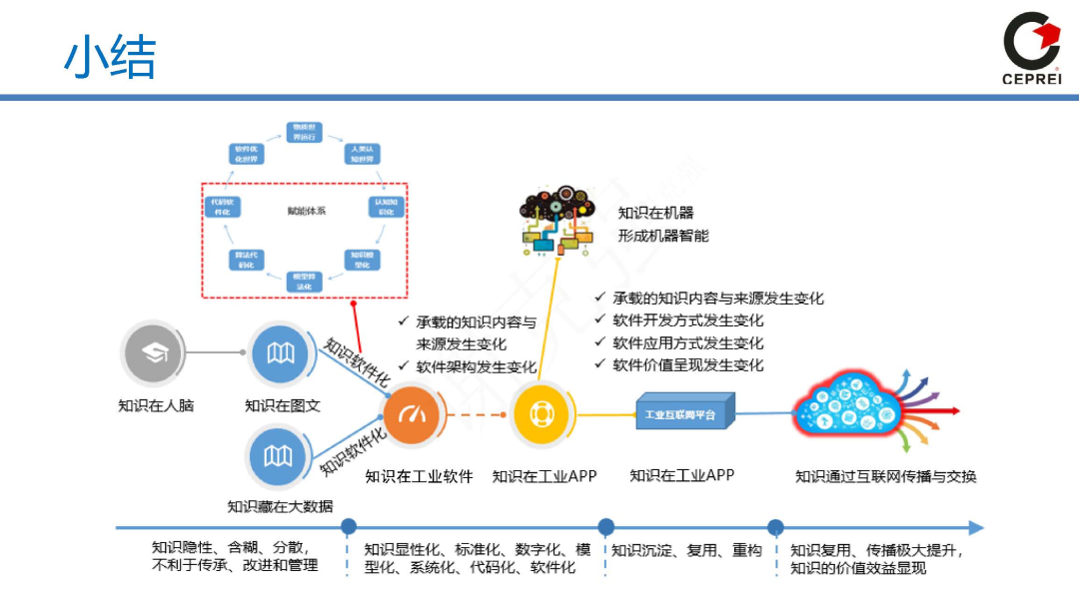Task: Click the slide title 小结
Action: click(110, 58)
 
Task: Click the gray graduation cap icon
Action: click(154, 352)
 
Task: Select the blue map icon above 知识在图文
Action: click(281, 352)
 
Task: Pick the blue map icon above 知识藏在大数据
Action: click(280, 455)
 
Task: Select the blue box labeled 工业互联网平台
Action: click(684, 412)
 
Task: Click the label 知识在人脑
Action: click(155, 405)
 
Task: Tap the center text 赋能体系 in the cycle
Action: click(306, 211)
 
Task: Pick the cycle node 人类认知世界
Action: click(362, 154)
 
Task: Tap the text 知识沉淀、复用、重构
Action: click(687, 550)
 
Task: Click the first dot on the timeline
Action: click(349, 527)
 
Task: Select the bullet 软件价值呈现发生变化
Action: click(687, 364)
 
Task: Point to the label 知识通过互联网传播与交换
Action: click(885, 476)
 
